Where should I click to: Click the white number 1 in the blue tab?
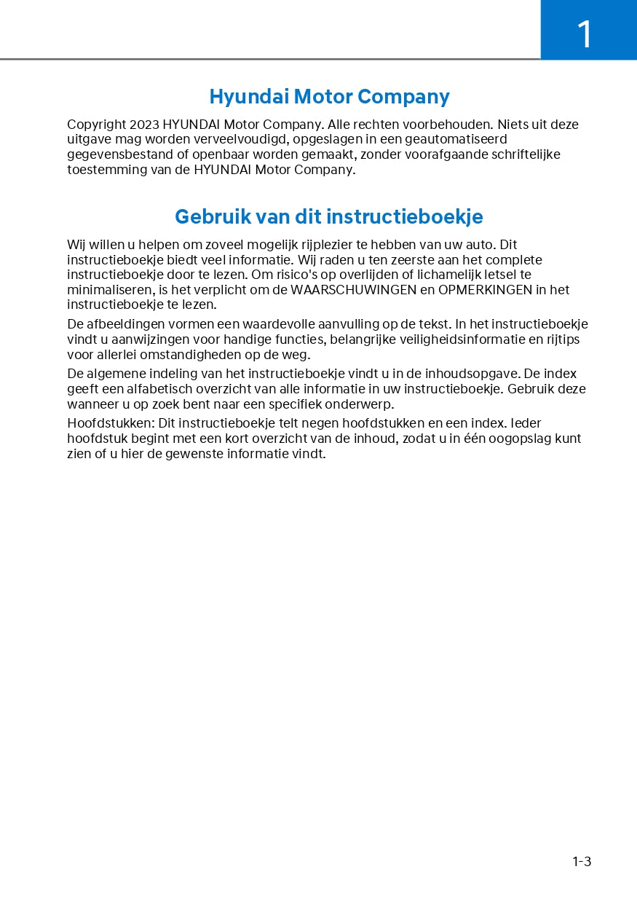point(585,34)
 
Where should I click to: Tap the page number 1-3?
point(582,862)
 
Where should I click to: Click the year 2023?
point(145,125)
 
